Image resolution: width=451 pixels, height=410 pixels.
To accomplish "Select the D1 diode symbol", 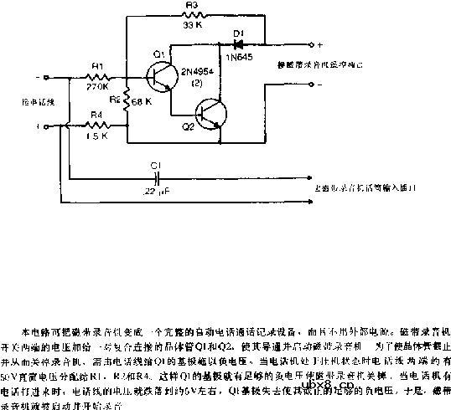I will tap(238, 42).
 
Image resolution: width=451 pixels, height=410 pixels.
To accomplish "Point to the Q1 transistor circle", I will tap(158, 78).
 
